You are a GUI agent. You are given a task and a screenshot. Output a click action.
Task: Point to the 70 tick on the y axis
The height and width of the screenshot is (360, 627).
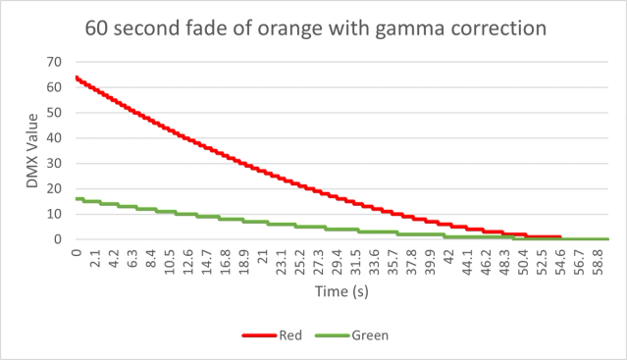coord(56,62)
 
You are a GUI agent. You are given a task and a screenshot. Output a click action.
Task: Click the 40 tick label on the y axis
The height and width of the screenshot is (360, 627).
coord(56,137)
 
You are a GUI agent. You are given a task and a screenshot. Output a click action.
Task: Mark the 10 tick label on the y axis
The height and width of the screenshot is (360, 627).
coord(56,214)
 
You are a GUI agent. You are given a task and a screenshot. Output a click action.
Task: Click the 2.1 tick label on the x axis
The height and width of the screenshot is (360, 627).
coord(95,261)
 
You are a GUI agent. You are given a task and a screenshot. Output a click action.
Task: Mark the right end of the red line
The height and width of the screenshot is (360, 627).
coord(559,236)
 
